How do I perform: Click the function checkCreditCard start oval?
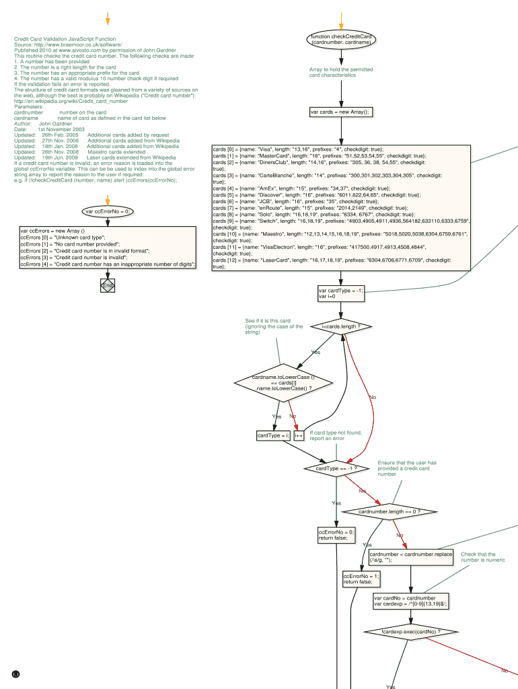point(341,39)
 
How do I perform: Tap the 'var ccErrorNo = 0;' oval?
point(108,211)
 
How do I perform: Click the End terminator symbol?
point(108,286)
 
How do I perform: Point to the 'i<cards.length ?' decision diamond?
point(342,326)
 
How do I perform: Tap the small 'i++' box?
point(299,435)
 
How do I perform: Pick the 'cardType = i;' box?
point(273,435)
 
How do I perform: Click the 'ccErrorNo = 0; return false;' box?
point(336,535)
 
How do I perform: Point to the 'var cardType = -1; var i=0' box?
point(341,293)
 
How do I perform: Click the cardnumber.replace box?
point(410,556)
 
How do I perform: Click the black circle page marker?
point(16,674)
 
